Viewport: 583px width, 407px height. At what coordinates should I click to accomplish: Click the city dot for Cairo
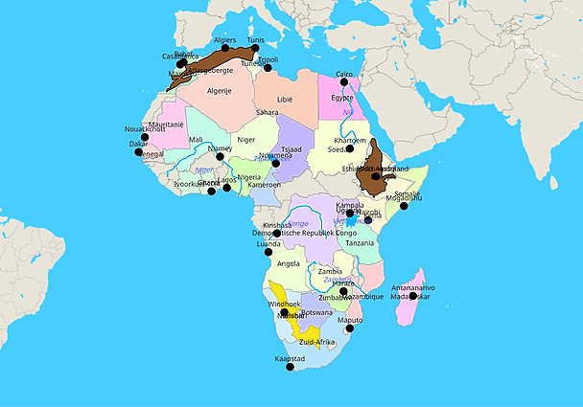pyautogui.click(x=344, y=82)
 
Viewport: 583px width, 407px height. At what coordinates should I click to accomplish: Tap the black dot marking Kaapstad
pyautogui.click(x=291, y=367)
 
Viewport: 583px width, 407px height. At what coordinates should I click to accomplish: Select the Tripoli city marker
pyautogui.click(x=268, y=67)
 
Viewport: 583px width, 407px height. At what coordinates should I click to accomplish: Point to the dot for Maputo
pyautogui.click(x=350, y=328)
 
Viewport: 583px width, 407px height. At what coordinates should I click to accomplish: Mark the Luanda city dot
pyautogui.click(x=268, y=252)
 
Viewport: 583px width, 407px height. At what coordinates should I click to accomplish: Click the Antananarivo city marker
pyautogui.click(x=413, y=296)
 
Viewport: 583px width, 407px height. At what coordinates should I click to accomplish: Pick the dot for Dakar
pyautogui.click(x=139, y=152)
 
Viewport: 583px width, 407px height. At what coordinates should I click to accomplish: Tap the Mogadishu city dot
pyautogui.click(x=404, y=206)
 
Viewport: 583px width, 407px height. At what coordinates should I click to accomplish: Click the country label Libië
pyautogui.click(x=285, y=99)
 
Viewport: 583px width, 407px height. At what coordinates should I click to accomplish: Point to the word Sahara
pyautogui.click(x=267, y=112)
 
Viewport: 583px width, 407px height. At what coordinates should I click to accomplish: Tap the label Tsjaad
pyautogui.click(x=292, y=150)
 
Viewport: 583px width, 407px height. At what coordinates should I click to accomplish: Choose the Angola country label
pyautogui.click(x=288, y=263)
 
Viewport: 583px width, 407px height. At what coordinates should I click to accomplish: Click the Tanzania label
pyautogui.click(x=360, y=243)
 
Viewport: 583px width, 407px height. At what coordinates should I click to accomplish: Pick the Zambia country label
pyautogui.click(x=330, y=272)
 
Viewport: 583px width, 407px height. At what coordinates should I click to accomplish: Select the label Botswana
pyautogui.click(x=316, y=312)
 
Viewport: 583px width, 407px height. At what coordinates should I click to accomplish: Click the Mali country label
pyautogui.click(x=197, y=140)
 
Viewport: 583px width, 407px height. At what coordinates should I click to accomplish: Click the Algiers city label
pyautogui.click(x=225, y=40)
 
